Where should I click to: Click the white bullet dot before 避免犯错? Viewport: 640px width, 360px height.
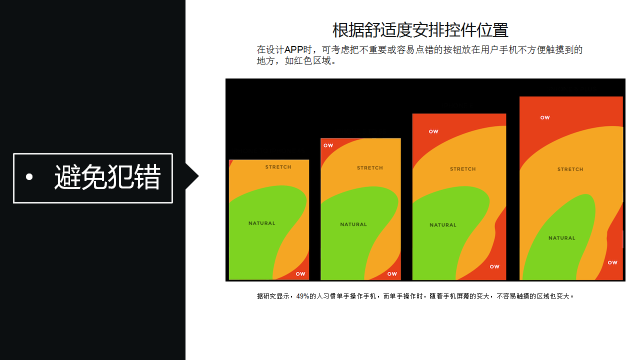29,177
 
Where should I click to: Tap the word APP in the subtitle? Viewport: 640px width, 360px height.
293,49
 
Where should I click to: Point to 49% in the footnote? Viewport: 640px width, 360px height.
302,296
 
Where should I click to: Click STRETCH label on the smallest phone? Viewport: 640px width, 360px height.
278,167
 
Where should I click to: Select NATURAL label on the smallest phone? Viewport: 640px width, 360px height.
261,223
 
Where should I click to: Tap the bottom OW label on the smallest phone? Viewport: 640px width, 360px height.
300,274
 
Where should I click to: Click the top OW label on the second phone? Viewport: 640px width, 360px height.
328,145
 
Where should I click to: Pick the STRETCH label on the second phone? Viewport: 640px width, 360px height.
370,167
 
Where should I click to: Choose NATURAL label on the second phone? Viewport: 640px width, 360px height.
353,224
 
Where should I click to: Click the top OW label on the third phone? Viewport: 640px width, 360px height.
433,131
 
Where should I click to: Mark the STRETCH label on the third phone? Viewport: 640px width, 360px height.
463,169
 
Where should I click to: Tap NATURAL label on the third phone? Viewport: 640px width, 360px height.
443,225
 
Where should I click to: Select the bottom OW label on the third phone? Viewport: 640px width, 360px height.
494,266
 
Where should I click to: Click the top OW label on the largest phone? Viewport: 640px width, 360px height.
545,117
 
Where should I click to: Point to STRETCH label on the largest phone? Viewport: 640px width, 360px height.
570,169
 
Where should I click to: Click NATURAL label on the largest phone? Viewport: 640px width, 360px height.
561,238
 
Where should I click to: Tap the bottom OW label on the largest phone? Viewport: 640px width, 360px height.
612,262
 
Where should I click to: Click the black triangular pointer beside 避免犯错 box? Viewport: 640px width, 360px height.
191,176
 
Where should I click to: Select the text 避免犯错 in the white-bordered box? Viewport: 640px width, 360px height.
107,177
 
